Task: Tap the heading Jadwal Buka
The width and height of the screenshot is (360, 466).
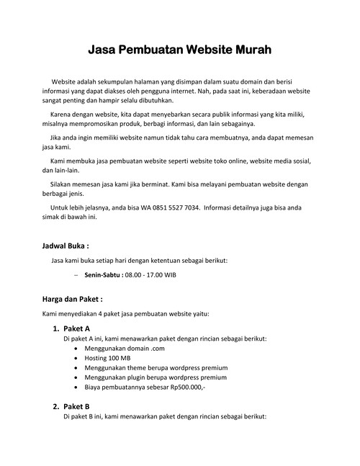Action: click(x=71, y=246)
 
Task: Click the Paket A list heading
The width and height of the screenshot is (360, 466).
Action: click(x=76, y=328)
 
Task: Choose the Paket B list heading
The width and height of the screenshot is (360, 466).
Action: click(x=76, y=406)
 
